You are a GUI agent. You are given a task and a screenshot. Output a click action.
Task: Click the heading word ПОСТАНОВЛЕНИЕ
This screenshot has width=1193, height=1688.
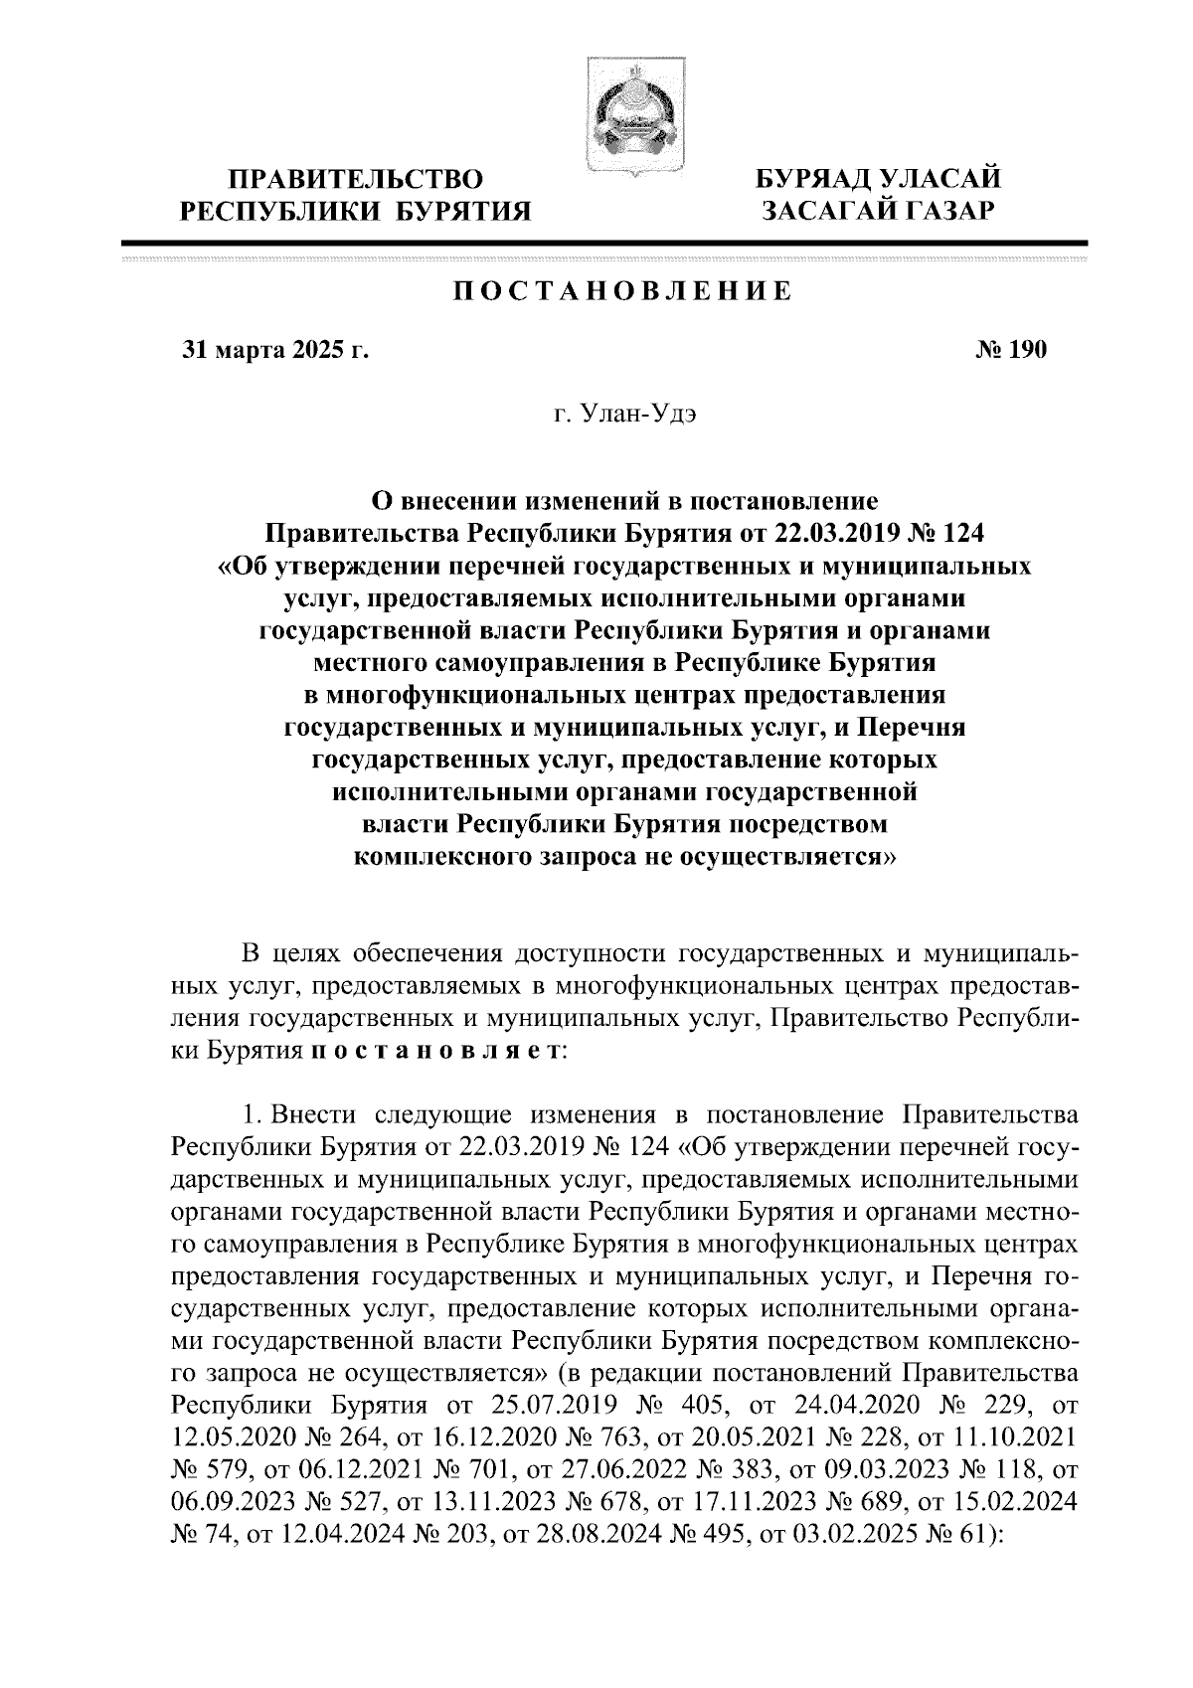coord(622,291)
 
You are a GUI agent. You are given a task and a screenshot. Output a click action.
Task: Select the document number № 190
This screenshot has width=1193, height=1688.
coord(1005,350)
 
